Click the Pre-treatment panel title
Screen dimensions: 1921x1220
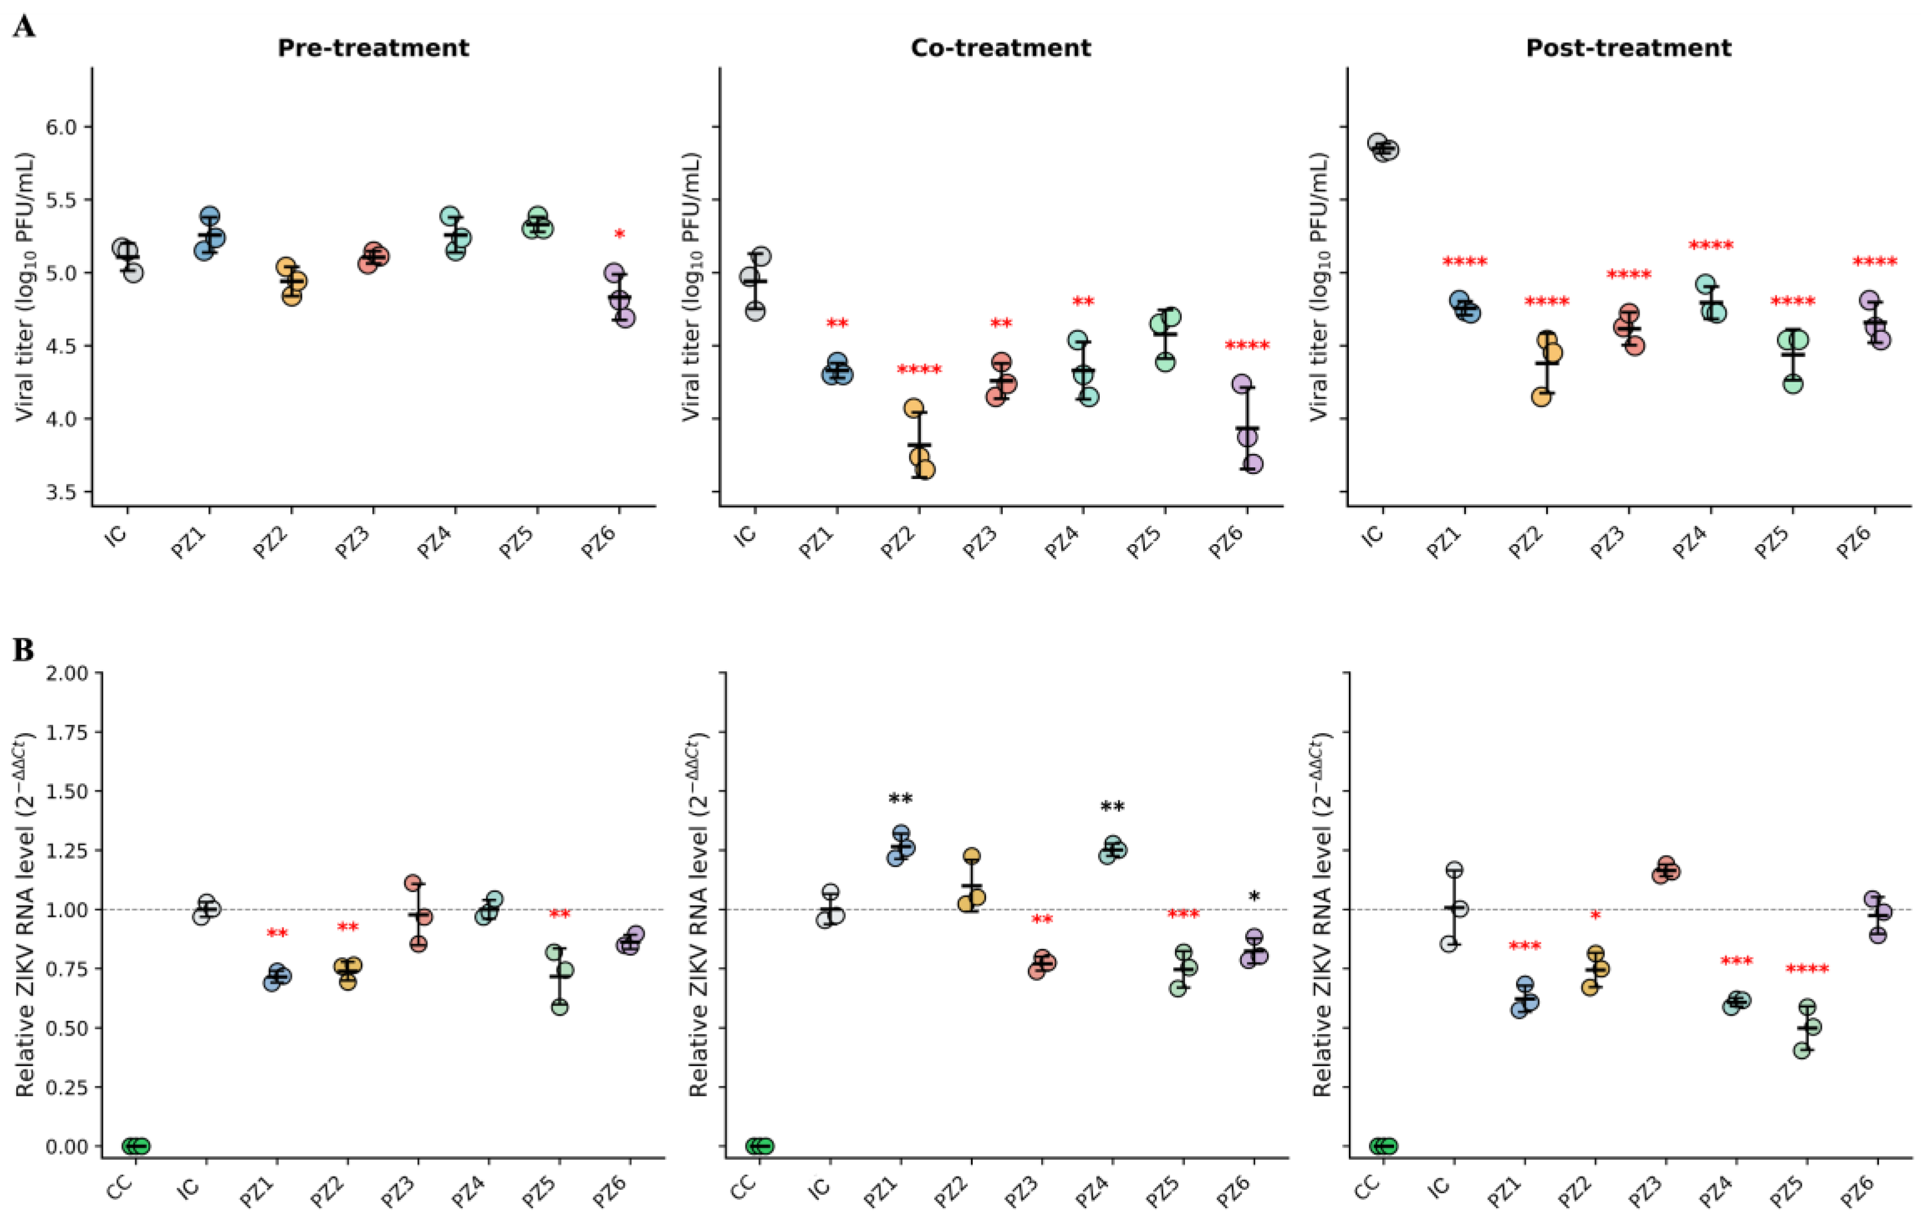point(373,48)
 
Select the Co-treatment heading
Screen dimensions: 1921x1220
point(1001,48)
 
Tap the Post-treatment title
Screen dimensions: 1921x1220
point(1628,48)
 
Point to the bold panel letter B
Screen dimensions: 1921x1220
point(23,650)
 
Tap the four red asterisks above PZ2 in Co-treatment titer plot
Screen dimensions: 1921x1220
point(919,370)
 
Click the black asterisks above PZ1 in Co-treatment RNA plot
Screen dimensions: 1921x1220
point(901,799)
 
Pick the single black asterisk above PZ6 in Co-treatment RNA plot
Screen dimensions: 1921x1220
point(1254,897)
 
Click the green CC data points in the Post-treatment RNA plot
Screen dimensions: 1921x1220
point(1383,1146)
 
